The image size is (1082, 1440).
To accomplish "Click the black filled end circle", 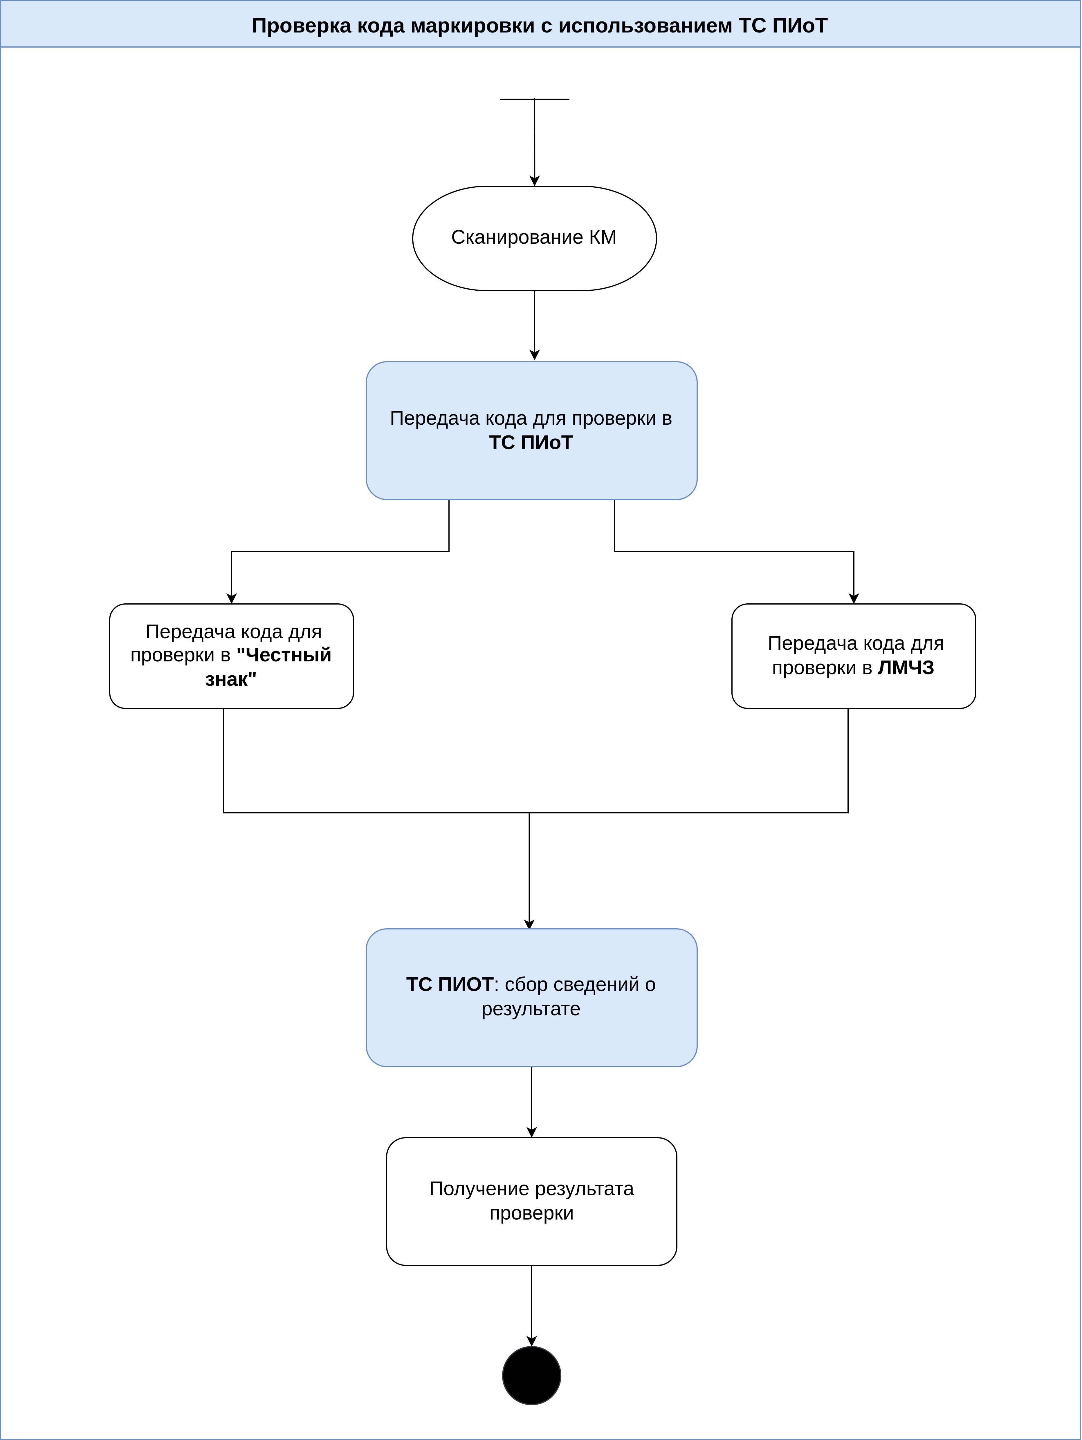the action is (x=531, y=1376).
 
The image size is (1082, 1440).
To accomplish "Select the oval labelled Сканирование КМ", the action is (x=534, y=238).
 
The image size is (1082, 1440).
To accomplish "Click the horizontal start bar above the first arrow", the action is (x=534, y=99).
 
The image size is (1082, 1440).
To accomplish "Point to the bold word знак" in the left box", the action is (x=231, y=680).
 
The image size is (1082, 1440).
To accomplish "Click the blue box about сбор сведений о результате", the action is (x=531, y=997).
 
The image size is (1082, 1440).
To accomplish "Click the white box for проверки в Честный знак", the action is (x=231, y=656).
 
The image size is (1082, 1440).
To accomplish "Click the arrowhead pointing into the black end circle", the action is (x=531, y=1341).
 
